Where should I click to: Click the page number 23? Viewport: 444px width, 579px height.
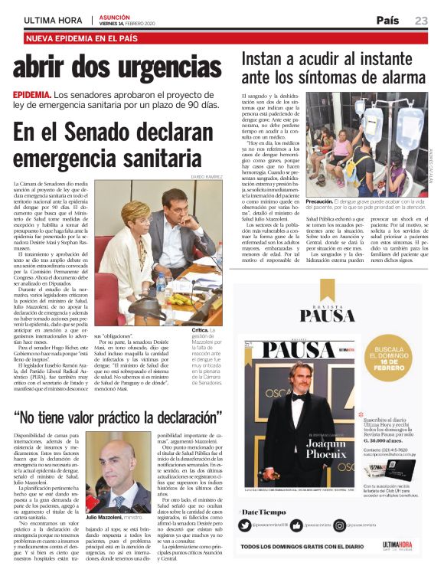(x=421, y=20)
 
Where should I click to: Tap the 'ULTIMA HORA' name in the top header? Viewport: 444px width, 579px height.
(x=53, y=20)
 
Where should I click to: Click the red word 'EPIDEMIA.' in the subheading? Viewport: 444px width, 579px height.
(x=32, y=94)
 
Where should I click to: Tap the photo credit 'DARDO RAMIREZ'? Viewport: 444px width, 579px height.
(x=206, y=177)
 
